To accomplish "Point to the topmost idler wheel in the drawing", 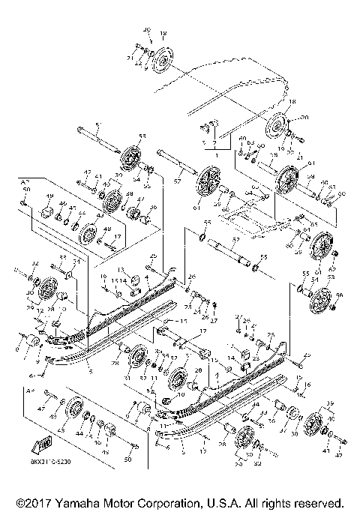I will pos(160,60).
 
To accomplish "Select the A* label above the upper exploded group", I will pos(24,181).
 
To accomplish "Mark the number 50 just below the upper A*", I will pos(26,190).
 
